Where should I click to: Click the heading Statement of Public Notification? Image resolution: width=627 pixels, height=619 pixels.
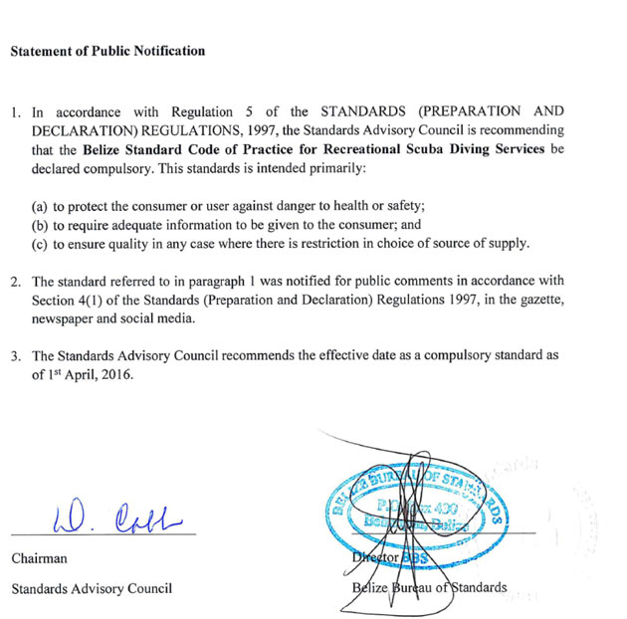107,51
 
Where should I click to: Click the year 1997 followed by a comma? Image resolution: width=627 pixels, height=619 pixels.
253,130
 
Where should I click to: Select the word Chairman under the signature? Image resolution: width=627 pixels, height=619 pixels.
39,559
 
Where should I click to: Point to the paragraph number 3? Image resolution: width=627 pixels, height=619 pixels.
17,355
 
